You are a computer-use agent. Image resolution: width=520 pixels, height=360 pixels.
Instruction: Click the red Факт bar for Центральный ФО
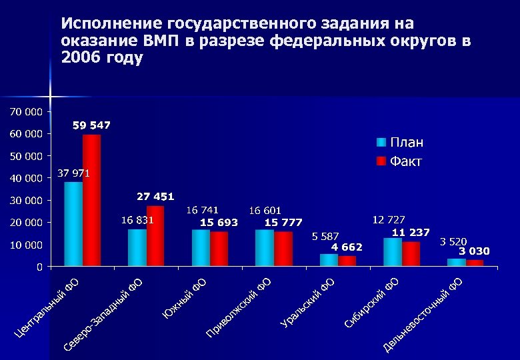91,200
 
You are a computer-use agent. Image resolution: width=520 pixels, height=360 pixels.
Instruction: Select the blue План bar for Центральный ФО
73,224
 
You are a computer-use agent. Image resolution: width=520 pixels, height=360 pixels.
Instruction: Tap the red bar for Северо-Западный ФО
155,236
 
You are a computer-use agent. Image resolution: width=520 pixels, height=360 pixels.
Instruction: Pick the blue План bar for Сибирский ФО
393,252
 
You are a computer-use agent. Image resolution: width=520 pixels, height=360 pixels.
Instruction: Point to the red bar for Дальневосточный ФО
475,263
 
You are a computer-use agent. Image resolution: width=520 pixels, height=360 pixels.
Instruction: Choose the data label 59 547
92,125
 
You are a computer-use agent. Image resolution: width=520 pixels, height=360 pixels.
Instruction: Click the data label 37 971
73,173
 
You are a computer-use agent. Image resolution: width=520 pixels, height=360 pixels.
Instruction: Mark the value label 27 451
155,196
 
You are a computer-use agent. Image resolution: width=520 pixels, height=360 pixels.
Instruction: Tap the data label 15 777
283,222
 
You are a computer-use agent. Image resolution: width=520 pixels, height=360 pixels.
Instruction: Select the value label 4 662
347,247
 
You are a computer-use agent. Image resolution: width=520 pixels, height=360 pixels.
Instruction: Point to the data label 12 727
389,219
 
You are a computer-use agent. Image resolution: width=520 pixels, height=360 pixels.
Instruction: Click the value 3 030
474,251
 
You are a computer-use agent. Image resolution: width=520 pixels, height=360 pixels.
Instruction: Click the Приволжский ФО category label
237,308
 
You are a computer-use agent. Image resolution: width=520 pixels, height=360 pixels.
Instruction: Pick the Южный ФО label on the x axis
185,298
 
